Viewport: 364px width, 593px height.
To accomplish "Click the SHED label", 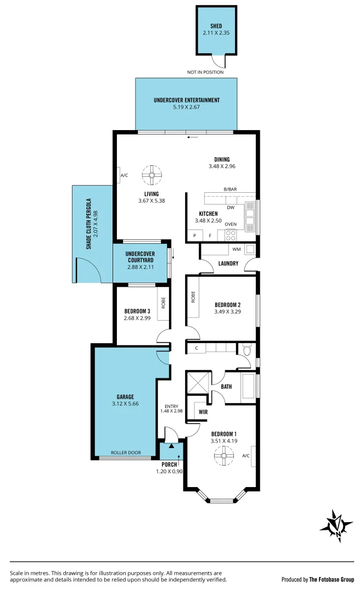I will pyautogui.click(x=216, y=26).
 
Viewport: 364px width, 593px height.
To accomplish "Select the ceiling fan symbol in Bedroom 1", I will pyautogui.click(x=224, y=455).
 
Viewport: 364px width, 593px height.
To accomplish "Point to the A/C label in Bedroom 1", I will pyautogui.click(x=246, y=455).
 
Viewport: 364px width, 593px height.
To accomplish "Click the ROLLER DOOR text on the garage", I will pyautogui.click(x=126, y=453).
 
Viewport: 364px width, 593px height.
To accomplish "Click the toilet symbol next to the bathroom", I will pyautogui.click(x=247, y=349).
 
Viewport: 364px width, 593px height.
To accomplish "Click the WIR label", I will pyautogui.click(x=195, y=411).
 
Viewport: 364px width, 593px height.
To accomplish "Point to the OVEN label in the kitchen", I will pyautogui.click(x=231, y=224).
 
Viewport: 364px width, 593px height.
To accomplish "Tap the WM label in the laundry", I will pyautogui.click(x=237, y=250).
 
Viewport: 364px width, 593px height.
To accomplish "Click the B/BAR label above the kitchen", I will pyautogui.click(x=229, y=189).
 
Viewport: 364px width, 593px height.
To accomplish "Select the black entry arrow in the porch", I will pyautogui.click(x=171, y=446).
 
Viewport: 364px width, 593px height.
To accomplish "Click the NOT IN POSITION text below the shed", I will pyautogui.click(x=206, y=72).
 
